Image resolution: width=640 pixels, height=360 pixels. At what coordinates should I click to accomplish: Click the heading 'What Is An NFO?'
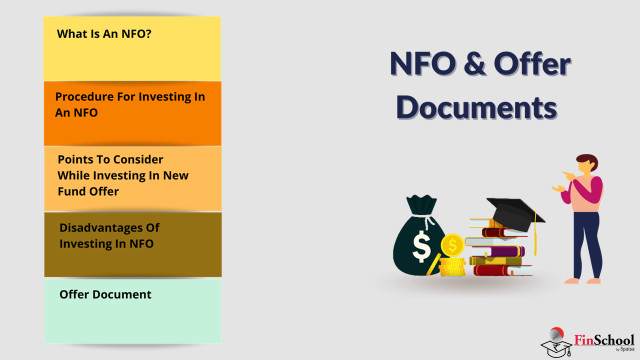[104, 34]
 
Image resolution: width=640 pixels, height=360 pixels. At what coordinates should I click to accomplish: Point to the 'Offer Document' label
[105, 294]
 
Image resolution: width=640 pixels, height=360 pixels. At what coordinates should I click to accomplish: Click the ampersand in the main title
[474, 63]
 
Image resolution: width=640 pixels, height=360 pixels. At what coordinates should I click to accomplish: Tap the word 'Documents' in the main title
[476, 107]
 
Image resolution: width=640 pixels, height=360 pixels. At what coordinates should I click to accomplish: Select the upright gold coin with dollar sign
[452, 245]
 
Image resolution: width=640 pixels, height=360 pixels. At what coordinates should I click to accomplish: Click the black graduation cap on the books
[514, 213]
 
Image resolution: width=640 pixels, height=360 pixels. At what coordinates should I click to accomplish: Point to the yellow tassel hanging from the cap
[535, 233]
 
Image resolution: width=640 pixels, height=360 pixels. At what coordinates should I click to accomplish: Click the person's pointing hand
[569, 175]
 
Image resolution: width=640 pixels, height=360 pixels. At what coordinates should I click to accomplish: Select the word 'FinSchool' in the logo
[604, 340]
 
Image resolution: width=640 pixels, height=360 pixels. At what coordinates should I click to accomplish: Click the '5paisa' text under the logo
[627, 349]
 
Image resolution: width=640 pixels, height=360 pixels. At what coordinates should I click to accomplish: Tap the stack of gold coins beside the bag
[452, 266]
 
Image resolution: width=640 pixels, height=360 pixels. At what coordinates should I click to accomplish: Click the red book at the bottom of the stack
[502, 270]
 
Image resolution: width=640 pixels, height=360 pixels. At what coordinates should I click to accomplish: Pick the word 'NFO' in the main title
[423, 63]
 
